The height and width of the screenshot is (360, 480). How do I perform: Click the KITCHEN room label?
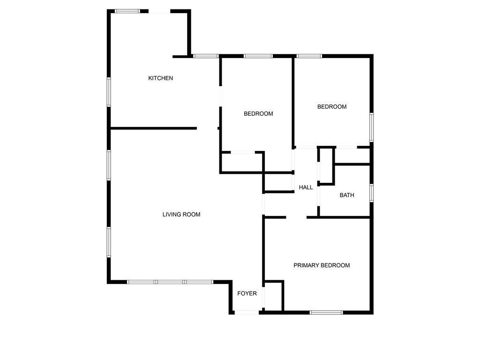pyautogui.click(x=161, y=78)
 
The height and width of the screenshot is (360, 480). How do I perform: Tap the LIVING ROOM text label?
pyautogui.click(x=181, y=215)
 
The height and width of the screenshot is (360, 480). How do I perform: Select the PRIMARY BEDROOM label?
pyautogui.click(x=322, y=265)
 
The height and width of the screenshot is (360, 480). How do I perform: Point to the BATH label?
pyautogui.click(x=347, y=195)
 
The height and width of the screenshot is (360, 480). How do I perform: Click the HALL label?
pyautogui.click(x=306, y=187)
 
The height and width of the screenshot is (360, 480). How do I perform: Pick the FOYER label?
pyautogui.click(x=247, y=293)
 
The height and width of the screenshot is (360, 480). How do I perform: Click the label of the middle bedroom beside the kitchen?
pyautogui.click(x=258, y=114)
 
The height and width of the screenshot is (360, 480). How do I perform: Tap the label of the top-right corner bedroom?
pyautogui.click(x=332, y=107)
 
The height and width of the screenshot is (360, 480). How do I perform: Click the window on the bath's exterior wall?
pyautogui.click(x=371, y=193)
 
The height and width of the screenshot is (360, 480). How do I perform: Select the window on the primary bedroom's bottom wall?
pyautogui.click(x=326, y=312)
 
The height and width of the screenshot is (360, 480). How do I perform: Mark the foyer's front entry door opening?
pyautogui.click(x=247, y=312)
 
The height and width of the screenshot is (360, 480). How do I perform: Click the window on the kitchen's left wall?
pyautogui.click(x=109, y=92)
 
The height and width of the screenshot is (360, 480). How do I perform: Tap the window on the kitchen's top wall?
pyautogui.click(x=127, y=11)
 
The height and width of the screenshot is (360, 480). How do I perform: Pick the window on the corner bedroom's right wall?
pyautogui.click(x=371, y=127)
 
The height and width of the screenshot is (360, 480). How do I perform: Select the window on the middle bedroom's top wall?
pyautogui.click(x=258, y=56)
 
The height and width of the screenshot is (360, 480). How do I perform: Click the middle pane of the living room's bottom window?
pyautogui.click(x=170, y=282)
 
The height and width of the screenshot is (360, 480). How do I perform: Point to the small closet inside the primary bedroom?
pyautogui.click(x=274, y=296)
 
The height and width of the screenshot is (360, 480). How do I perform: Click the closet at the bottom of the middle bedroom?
pyautogui.click(x=241, y=162)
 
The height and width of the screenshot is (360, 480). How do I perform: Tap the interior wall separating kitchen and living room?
pyautogui.click(x=153, y=128)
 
